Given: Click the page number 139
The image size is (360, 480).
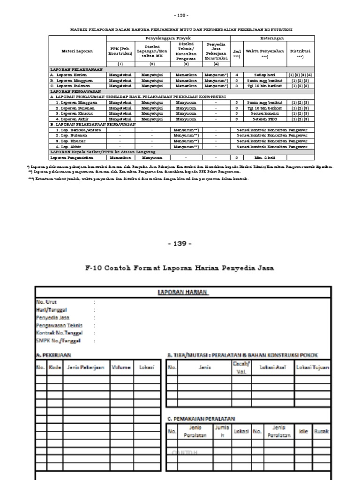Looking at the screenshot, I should coord(180,244).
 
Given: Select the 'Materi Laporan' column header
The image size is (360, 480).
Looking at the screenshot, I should coord(77,51).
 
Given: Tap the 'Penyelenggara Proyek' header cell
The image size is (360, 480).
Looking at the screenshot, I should coord(168,38).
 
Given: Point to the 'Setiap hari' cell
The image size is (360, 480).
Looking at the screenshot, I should coord(258,74).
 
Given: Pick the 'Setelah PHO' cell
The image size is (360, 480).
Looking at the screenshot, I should coord(258,119).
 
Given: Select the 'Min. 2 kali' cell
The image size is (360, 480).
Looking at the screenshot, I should coord(258,158).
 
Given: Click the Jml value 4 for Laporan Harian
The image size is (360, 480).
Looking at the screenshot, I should coord(237,74).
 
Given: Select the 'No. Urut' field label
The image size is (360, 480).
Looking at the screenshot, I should coord(46,302).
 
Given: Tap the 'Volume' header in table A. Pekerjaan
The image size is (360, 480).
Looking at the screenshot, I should coord(120,368).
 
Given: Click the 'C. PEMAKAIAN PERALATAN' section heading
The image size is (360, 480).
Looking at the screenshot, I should coord(201,418).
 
